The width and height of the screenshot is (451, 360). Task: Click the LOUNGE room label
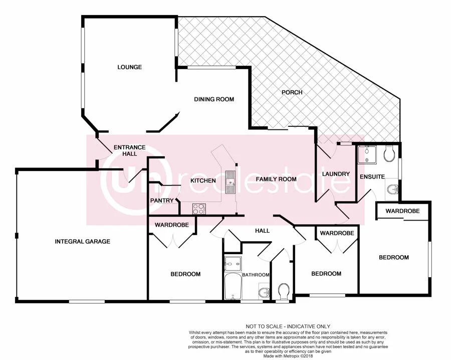130,67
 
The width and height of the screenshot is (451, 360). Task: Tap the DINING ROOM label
214,99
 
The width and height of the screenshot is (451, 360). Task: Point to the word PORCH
292,92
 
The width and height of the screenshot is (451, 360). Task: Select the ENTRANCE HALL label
129,150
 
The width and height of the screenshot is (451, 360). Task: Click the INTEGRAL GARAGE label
83,242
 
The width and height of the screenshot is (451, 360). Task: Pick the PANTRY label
162,201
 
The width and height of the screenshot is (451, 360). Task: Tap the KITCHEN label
203,181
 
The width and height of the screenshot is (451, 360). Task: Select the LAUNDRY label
336,174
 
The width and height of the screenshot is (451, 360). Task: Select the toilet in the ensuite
389,154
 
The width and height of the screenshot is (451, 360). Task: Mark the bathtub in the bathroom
233,287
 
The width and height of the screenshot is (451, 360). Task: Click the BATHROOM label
256,275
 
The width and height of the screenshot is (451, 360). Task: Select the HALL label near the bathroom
262,231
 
